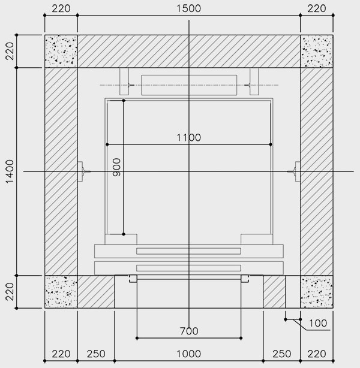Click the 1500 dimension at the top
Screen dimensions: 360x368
click(188, 8)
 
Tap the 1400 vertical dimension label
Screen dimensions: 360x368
click(10, 171)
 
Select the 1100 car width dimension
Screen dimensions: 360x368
click(188, 137)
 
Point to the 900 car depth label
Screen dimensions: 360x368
click(116, 167)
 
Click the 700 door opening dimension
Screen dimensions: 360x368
click(189, 331)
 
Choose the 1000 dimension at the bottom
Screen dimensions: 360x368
click(188, 354)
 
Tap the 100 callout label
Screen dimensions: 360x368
click(318, 324)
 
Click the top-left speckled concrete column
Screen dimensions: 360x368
click(61, 52)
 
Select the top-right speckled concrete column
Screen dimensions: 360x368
click(317, 52)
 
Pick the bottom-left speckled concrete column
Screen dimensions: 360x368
click(61, 292)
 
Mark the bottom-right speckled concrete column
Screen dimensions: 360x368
click(317, 292)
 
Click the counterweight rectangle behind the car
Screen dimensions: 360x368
click(189, 85)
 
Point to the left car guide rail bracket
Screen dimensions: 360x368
click(80, 171)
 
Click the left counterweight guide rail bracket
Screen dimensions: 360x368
click(124, 82)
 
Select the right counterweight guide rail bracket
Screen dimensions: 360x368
click(254, 82)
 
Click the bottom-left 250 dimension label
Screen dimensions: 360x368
click(96, 354)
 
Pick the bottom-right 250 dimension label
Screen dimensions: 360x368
click(282, 354)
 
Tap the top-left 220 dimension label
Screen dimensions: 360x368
click(61, 8)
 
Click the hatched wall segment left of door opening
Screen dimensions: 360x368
click(96, 292)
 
